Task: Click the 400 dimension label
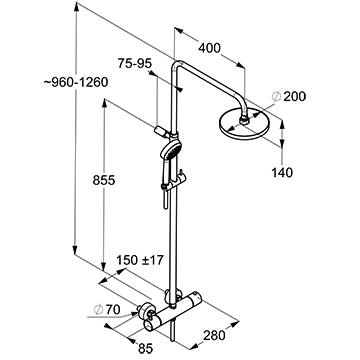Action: (209, 48)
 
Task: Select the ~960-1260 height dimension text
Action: (76, 82)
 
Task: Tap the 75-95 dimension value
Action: (135, 63)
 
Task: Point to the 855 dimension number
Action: (104, 181)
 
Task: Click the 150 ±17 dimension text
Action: (140, 260)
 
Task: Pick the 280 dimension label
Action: (214, 335)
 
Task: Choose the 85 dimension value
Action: (145, 349)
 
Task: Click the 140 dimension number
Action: (282, 173)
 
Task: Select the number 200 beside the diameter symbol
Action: (294, 97)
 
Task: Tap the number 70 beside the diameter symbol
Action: (113, 310)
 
